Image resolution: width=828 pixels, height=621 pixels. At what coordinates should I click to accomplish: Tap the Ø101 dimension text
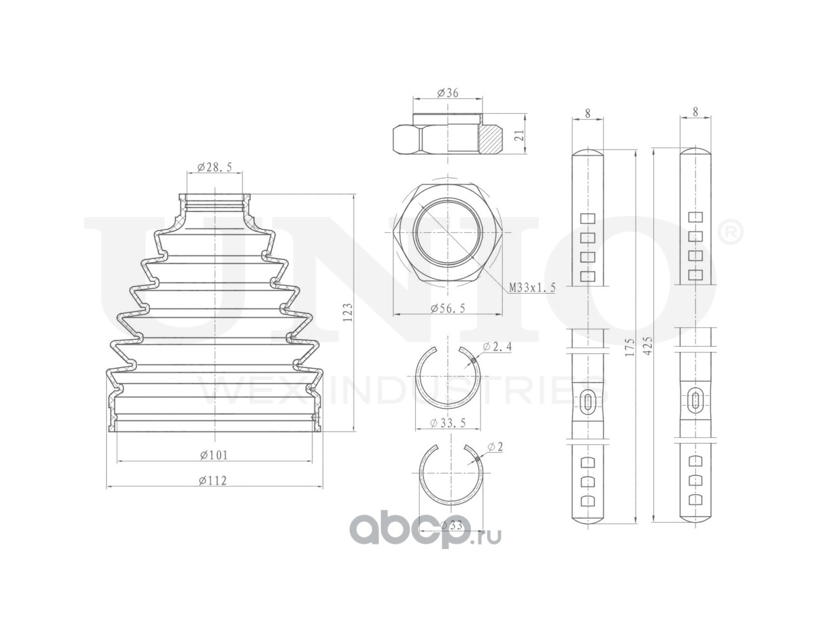(213, 454)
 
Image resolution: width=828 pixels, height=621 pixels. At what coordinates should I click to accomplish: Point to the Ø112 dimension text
(213, 480)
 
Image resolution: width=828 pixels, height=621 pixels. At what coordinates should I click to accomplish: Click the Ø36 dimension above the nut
(448, 93)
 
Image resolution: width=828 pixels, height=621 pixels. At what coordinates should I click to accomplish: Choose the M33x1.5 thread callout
(532, 287)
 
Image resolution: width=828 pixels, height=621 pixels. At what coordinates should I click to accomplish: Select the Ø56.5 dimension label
(448, 309)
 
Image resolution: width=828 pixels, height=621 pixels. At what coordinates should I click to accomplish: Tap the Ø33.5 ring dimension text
(448, 423)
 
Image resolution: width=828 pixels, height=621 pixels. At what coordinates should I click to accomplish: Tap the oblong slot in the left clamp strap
(587, 402)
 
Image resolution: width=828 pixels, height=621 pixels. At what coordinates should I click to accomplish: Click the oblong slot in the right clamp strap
(695, 401)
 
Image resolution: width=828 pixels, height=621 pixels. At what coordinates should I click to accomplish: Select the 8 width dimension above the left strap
(587, 112)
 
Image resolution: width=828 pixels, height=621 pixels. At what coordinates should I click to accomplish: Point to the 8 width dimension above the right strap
(695, 111)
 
